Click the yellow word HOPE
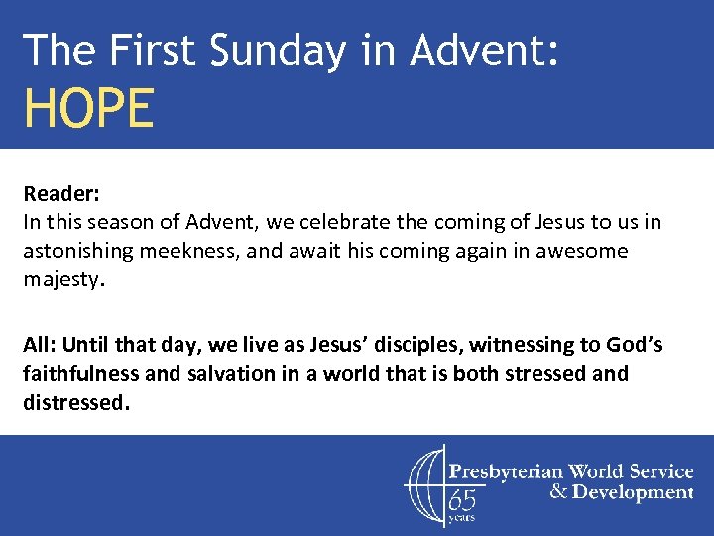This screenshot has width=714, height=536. (x=89, y=108)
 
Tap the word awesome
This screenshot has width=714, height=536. (x=583, y=251)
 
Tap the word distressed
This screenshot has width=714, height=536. (x=75, y=404)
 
